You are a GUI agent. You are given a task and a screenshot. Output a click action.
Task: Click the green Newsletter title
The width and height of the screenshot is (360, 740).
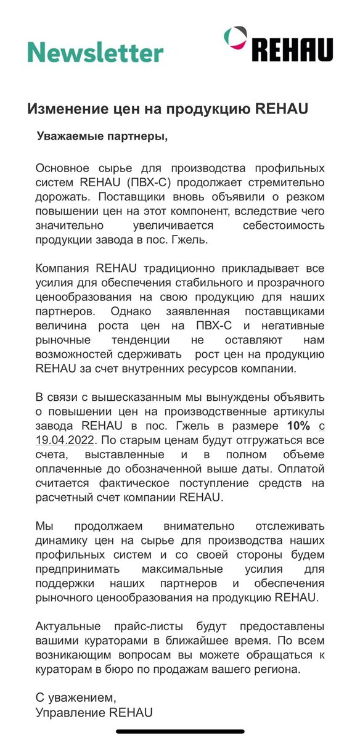click(96, 52)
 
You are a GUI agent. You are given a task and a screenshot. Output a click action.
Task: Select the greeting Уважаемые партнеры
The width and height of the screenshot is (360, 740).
click(102, 136)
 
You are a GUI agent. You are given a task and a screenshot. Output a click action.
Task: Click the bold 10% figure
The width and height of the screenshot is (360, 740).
click(298, 425)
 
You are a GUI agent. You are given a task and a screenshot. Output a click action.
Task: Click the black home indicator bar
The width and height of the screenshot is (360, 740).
click(180, 731)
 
